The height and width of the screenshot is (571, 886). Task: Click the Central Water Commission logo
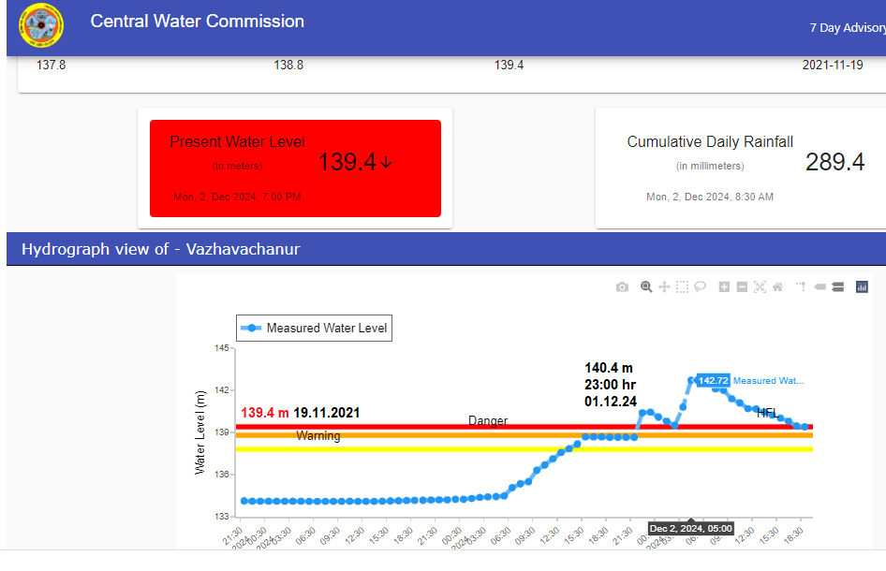(41, 26)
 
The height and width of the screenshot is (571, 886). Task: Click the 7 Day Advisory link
(847, 28)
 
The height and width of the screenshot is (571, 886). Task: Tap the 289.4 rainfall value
(834, 162)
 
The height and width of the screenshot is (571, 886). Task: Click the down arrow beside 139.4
(387, 163)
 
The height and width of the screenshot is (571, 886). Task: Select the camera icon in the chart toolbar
(622, 287)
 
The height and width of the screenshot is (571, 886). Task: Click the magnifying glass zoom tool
(646, 287)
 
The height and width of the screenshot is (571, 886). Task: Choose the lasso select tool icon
(700, 287)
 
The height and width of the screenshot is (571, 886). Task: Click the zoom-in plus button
(724, 287)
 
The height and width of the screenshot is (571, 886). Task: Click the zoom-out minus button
(742, 287)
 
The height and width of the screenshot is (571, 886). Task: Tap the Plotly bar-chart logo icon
(862, 287)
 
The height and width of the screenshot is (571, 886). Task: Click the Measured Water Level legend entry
(314, 329)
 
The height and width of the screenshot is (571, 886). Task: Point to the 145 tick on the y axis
(222, 348)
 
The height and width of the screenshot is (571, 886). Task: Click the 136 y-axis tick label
(222, 475)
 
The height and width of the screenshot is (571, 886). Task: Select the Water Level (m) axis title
(199, 432)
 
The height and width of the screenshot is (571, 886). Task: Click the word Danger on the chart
(488, 421)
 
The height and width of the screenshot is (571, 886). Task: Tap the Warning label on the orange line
(318, 436)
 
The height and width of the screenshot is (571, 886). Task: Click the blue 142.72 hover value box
(714, 381)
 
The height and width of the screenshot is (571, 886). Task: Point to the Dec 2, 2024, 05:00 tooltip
(690, 529)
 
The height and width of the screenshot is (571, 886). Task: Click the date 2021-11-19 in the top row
(833, 66)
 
